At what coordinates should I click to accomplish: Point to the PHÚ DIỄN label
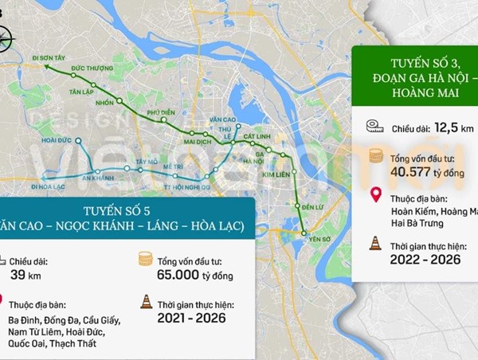click(x=162, y=113)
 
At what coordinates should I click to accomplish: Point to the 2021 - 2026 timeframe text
click(x=191, y=318)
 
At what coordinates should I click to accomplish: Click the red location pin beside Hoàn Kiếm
click(x=375, y=196)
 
